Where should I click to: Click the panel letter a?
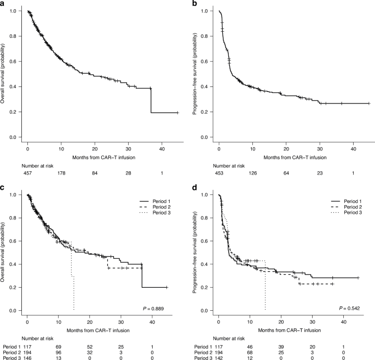tap(4, 4)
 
